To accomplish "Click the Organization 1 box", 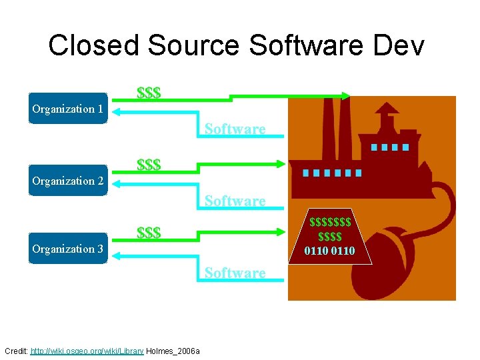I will tap(67, 109).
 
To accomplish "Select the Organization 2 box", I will tap(67, 181).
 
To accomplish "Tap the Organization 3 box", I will tap(67, 249).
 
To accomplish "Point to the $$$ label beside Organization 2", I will tap(148, 164).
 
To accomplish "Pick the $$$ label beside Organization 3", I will tap(148, 233).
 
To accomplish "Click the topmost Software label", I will tap(235, 129).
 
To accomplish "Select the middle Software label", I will tap(235, 201).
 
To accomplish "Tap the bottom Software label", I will tap(235, 273).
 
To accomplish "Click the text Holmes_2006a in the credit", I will tap(173, 351).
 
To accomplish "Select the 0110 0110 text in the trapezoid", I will tap(329, 251).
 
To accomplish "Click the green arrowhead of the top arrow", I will tap(345, 96).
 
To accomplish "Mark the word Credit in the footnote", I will tap(16, 351).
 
